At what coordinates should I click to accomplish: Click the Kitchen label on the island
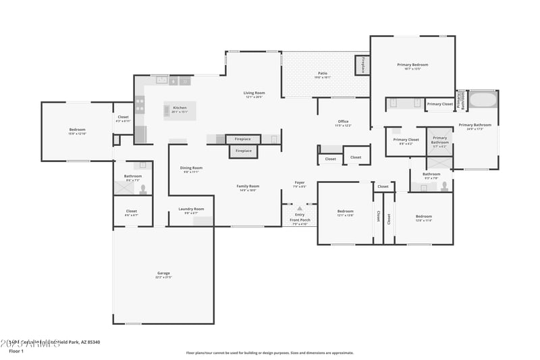point(180,108)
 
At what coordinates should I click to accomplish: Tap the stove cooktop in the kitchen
point(140,105)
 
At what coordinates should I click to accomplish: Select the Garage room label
point(163,274)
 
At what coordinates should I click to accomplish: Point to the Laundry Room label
point(191,209)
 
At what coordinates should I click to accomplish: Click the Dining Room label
point(191,168)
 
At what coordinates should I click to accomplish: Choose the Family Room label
point(248,186)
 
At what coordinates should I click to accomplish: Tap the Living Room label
point(254,93)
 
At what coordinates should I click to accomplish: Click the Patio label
point(323,73)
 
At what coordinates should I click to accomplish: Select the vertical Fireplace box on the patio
point(362,66)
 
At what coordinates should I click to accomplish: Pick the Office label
point(343,122)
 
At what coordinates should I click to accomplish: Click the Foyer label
point(300,182)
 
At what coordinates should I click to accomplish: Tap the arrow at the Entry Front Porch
point(300,209)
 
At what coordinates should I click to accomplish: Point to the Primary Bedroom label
point(412,65)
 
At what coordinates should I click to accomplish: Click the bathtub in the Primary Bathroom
point(483,101)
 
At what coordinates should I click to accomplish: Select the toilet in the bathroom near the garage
point(142,188)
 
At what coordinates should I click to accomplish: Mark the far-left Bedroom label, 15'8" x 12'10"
point(77,130)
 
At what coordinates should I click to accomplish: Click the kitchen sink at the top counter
point(162,80)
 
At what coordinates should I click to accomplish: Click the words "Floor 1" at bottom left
point(16,351)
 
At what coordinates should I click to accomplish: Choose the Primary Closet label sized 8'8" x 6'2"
point(406,140)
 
